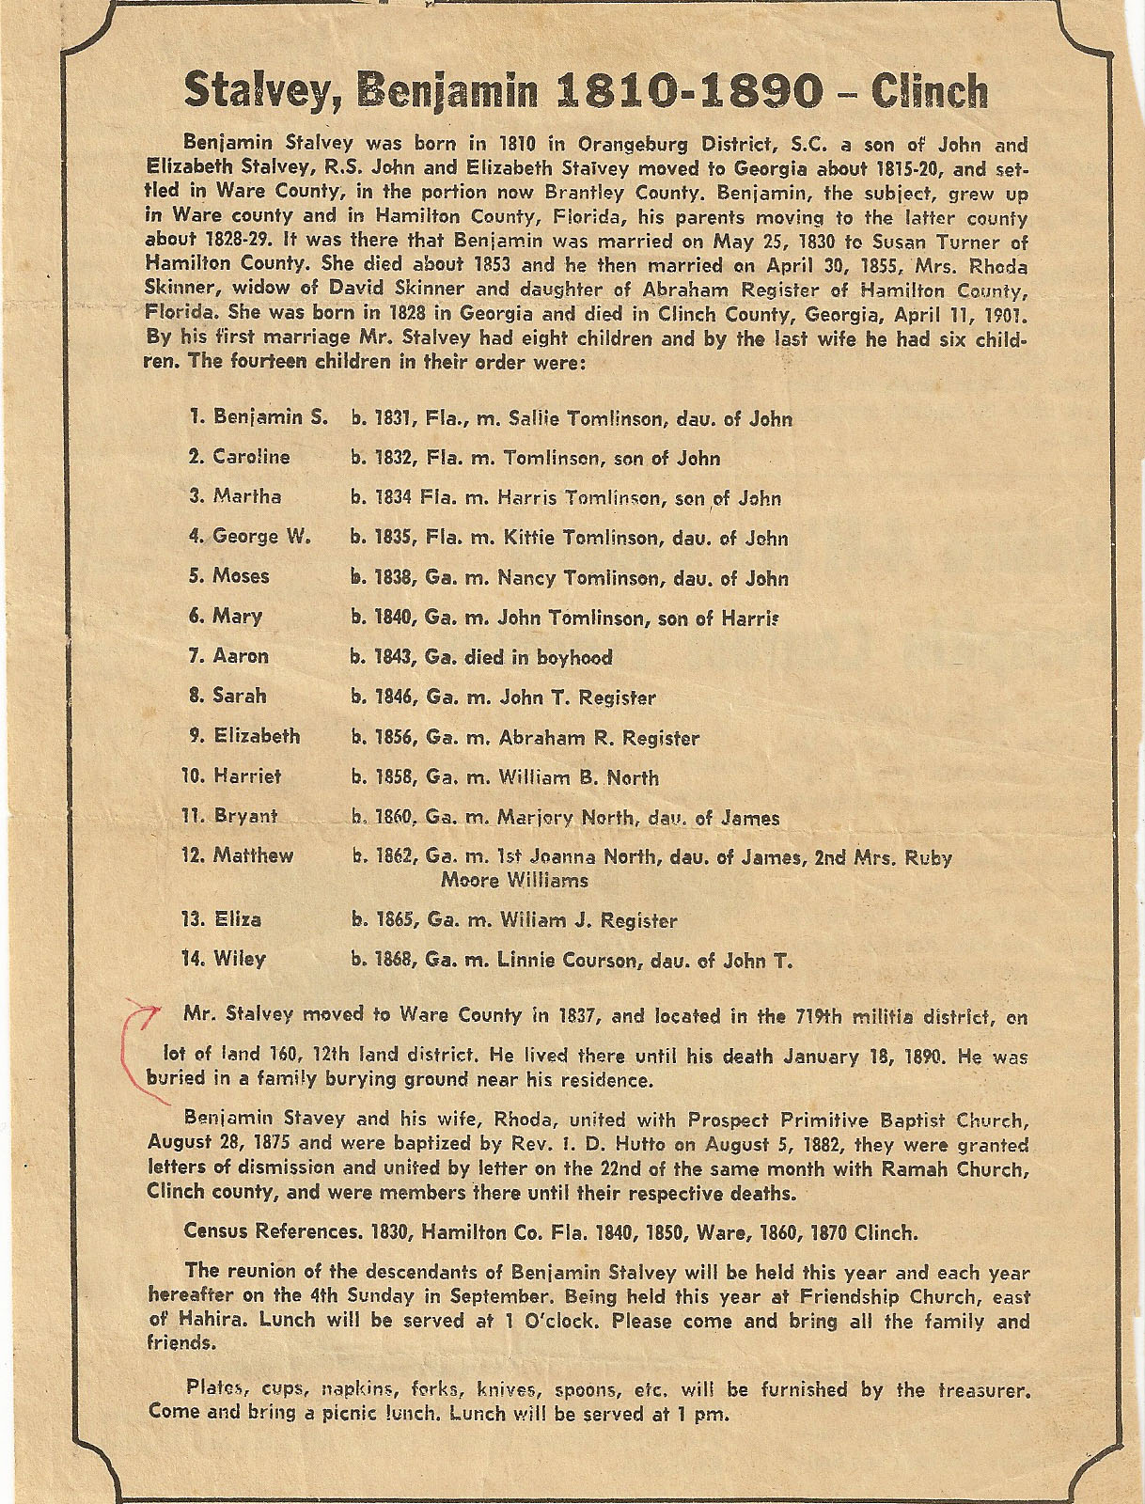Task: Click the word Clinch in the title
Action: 930,91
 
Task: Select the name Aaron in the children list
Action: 241,656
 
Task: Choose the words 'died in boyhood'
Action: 539,657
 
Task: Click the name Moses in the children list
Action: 241,576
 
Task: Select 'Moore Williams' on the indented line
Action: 515,881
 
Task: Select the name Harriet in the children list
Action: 247,777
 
